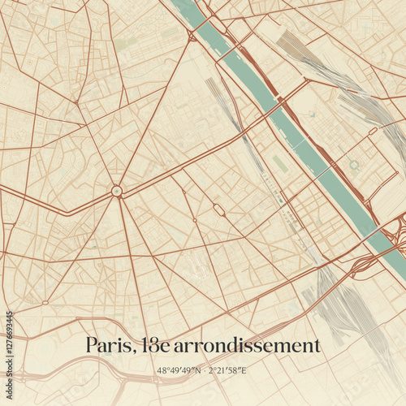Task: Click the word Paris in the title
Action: pos(110,346)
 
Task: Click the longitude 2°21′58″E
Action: pos(227,371)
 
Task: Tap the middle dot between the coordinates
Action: pos(203,371)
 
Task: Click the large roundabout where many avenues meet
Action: pos(117,191)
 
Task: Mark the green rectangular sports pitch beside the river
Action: pos(279,163)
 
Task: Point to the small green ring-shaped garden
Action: pos(354,166)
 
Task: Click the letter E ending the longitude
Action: pos(244,371)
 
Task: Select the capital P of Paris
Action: pos(92,346)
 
